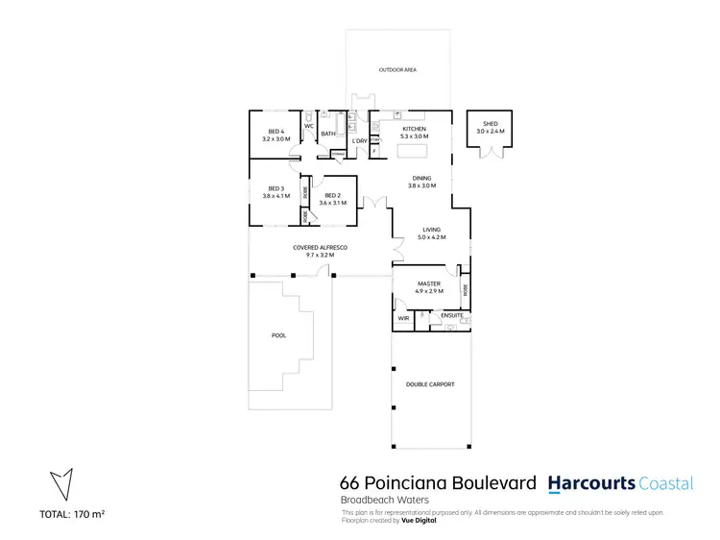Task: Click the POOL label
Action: (x=278, y=335)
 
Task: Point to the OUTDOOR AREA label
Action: (x=396, y=70)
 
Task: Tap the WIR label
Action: (x=402, y=318)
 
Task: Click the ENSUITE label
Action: (x=452, y=315)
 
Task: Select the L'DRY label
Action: (x=359, y=141)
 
